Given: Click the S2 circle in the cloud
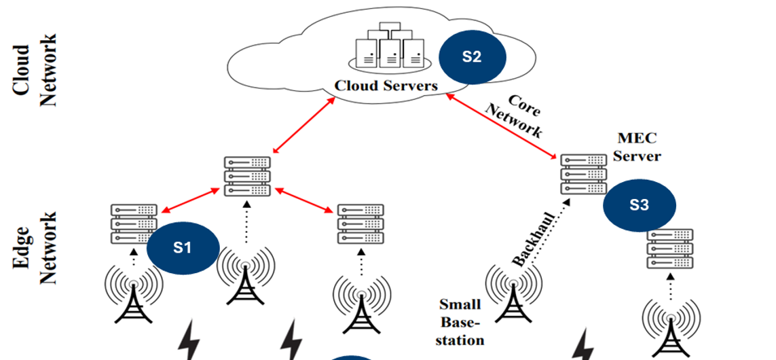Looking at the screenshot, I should [x=472, y=57].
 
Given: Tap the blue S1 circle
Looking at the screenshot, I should [x=183, y=248].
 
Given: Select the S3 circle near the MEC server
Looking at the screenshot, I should [x=640, y=206].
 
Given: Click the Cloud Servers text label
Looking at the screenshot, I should [x=386, y=86].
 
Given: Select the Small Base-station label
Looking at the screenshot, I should [x=460, y=322].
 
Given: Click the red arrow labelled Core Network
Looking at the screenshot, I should [x=500, y=124].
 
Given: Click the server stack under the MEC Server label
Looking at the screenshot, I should [x=583, y=174].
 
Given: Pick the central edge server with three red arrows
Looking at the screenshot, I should [x=247, y=176].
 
